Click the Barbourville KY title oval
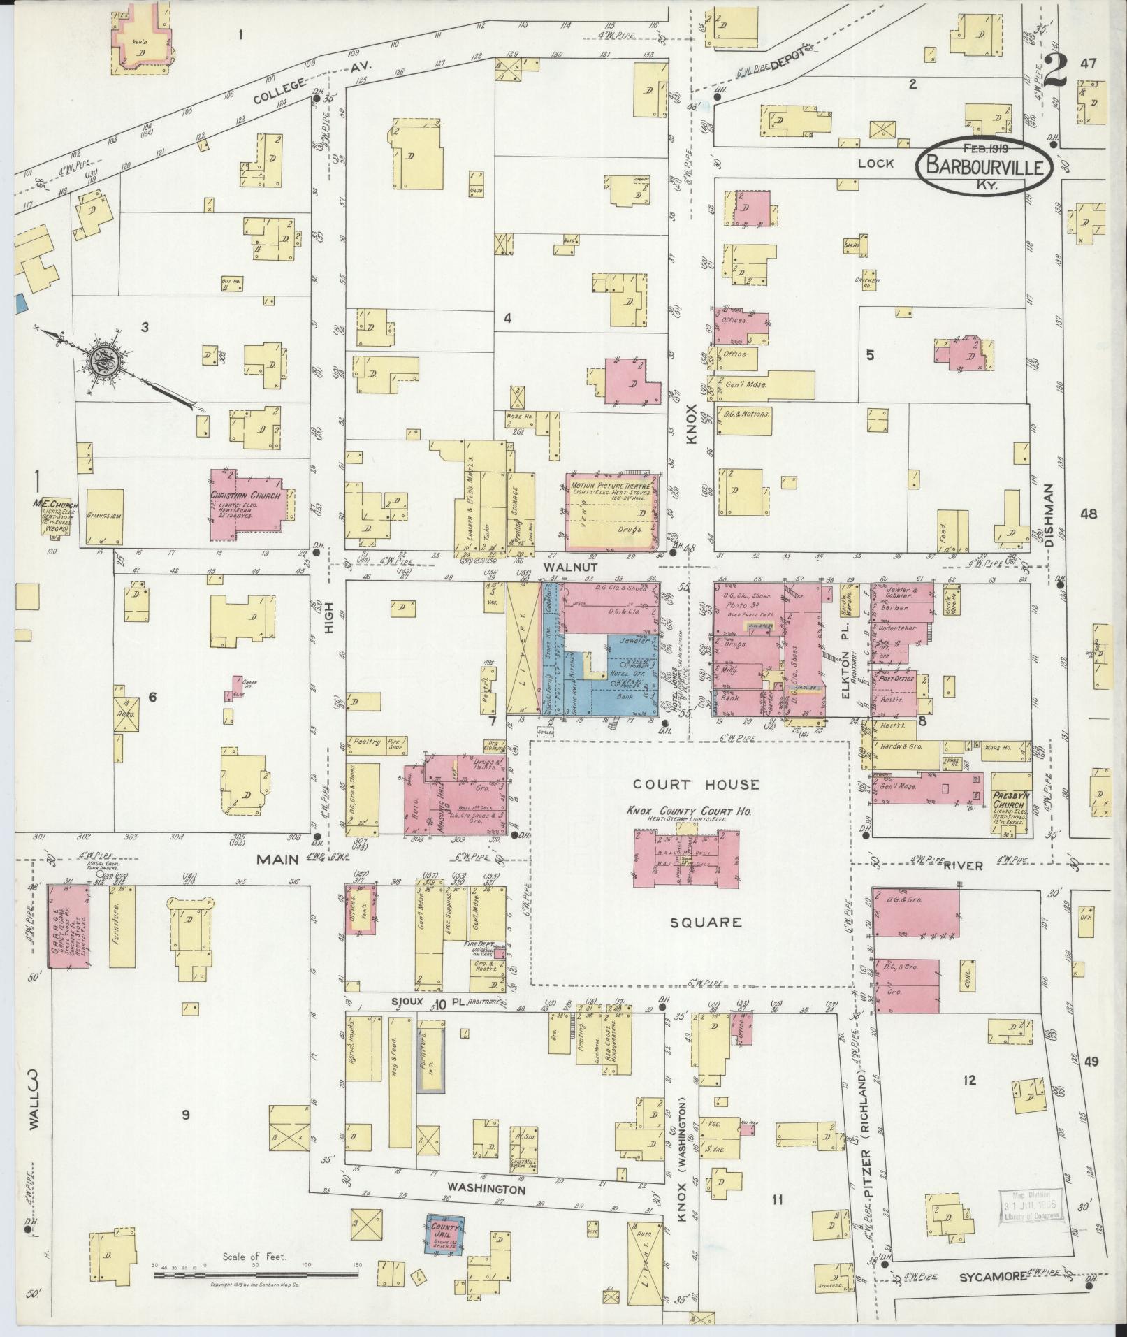(984, 166)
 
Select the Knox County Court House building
(686, 858)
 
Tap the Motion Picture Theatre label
(611, 486)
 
